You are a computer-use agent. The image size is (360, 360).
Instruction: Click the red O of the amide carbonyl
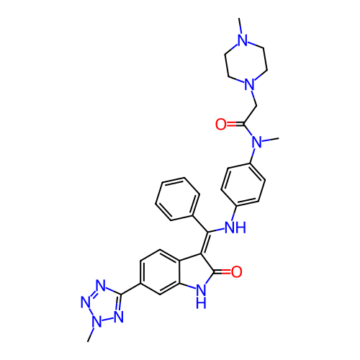click(x=221, y=124)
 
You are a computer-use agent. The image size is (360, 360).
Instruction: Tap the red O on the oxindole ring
click(x=237, y=271)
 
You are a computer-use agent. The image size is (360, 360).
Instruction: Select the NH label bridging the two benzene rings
click(x=235, y=228)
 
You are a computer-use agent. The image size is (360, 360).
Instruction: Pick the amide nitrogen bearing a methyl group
click(x=257, y=142)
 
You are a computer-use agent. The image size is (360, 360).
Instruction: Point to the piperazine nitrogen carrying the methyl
click(x=243, y=40)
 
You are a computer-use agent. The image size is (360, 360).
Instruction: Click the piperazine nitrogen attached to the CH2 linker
click(x=250, y=84)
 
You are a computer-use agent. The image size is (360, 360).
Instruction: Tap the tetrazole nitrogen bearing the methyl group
click(x=97, y=321)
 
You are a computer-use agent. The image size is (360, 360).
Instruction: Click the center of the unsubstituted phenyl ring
click(x=178, y=199)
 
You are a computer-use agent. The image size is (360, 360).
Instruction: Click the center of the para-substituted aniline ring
click(x=243, y=184)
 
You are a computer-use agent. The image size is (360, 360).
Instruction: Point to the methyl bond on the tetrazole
click(x=91, y=334)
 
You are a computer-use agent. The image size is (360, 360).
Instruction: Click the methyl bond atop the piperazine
click(x=240, y=26)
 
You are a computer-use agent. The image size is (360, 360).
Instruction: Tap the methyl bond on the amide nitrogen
click(x=271, y=140)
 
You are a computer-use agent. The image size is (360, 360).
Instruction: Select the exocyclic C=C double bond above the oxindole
click(x=204, y=243)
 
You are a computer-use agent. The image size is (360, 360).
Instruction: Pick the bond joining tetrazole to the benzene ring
click(x=131, y=289)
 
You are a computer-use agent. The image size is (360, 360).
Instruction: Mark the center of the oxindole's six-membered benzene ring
click(x=160, y=272)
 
